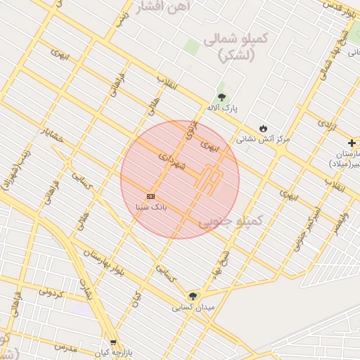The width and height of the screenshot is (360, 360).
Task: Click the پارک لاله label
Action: pyautogui.click(x=222, y=108)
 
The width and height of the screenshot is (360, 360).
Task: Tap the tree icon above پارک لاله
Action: pyautogui.click(x=222, y=97)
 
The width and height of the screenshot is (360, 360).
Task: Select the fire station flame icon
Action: pyautogui.click(x=263, y=129)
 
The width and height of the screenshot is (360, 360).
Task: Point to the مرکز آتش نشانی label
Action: pyautogui.click(x=263, y=139)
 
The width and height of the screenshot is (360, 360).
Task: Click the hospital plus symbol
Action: pyautogui.click(x=352, y=143)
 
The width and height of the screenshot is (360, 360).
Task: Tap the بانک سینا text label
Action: pyautogui.click(x=150, y=207)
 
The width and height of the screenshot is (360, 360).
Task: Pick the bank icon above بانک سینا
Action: pyautogui.click(x=150, y=196)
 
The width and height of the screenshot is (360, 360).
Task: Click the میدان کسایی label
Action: pyautogui.click(x=193, y=307)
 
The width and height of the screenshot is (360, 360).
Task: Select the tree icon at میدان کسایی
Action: pyautogui.click(x=193, y=296)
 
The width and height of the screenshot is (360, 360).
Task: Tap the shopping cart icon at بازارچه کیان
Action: pyautogui.click(x=113, y=342)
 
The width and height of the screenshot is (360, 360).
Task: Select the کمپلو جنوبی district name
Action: pyautogui.click(x=229, y=222)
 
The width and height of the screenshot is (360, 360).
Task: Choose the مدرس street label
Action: pyautogui.click(x=64, y=347)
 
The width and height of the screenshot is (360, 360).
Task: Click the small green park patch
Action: pyautogui.click(x=191, y=46)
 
